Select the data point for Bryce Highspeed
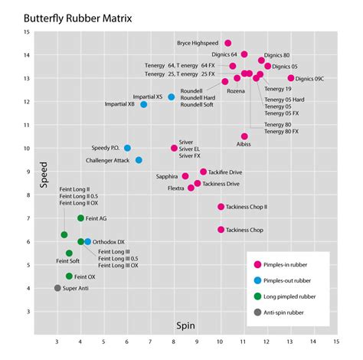(x=227, y=43)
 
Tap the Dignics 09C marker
(x=291, y=78)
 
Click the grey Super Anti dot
(x=57, y=288)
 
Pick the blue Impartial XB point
(x=143, y=104)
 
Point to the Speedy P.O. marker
(x=127, y=148)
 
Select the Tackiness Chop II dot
(x=221, y=207)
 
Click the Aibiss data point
(x=244, y=136)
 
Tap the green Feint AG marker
(x=80, y=218)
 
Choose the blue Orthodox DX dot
(x=88, y=241)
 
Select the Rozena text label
(x=236, y=91)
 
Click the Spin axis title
(x=186, y=325)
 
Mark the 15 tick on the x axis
(x=335, y=341)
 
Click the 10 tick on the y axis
(x=28, y=148)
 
